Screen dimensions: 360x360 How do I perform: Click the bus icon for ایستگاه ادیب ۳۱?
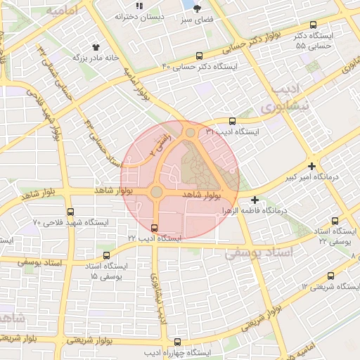coord(233,122)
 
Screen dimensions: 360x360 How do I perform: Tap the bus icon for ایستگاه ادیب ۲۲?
coord(154,227)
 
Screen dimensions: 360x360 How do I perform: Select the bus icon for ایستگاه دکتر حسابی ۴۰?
coord(200,56)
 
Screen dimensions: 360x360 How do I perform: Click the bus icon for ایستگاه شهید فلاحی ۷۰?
coord(70,212)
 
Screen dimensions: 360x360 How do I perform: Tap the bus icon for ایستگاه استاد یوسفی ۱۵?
coord(106,255)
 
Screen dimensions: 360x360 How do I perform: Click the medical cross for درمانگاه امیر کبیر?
coord(312,166)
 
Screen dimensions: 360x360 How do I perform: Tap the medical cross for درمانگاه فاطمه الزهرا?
coord(255,200)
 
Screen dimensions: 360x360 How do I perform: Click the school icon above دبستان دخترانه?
coord(139,6)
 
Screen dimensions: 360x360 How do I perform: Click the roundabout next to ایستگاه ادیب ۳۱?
coord(190,132)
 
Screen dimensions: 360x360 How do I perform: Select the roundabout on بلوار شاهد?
coord(156,192)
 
